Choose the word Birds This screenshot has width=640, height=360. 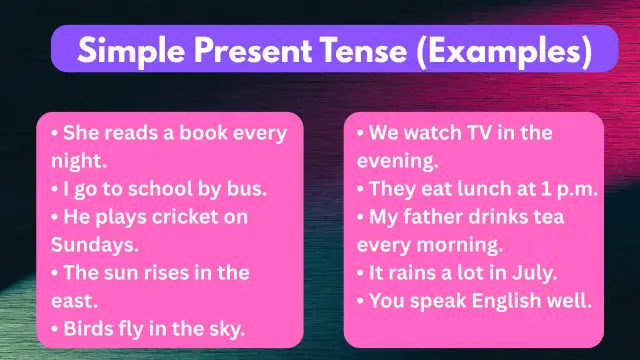click(x=90, y=328)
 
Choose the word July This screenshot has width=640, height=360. click(x=532, y=272)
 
